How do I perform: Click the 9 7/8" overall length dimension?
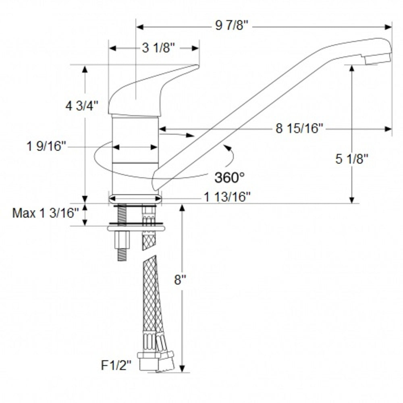tap(233, 27)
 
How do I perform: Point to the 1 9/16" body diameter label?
tap(46, 146)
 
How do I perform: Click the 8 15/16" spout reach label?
tap(299, 129)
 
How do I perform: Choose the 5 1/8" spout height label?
tap(352, 159)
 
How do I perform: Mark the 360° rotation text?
tap(229, 177)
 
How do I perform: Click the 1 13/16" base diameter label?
tap(227, 197)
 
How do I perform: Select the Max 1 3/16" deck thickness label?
tap(45, 213)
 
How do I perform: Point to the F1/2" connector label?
tap(116, 366)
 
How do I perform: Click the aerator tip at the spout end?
tap(378, 59)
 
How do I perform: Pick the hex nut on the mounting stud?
tap(122, 241)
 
